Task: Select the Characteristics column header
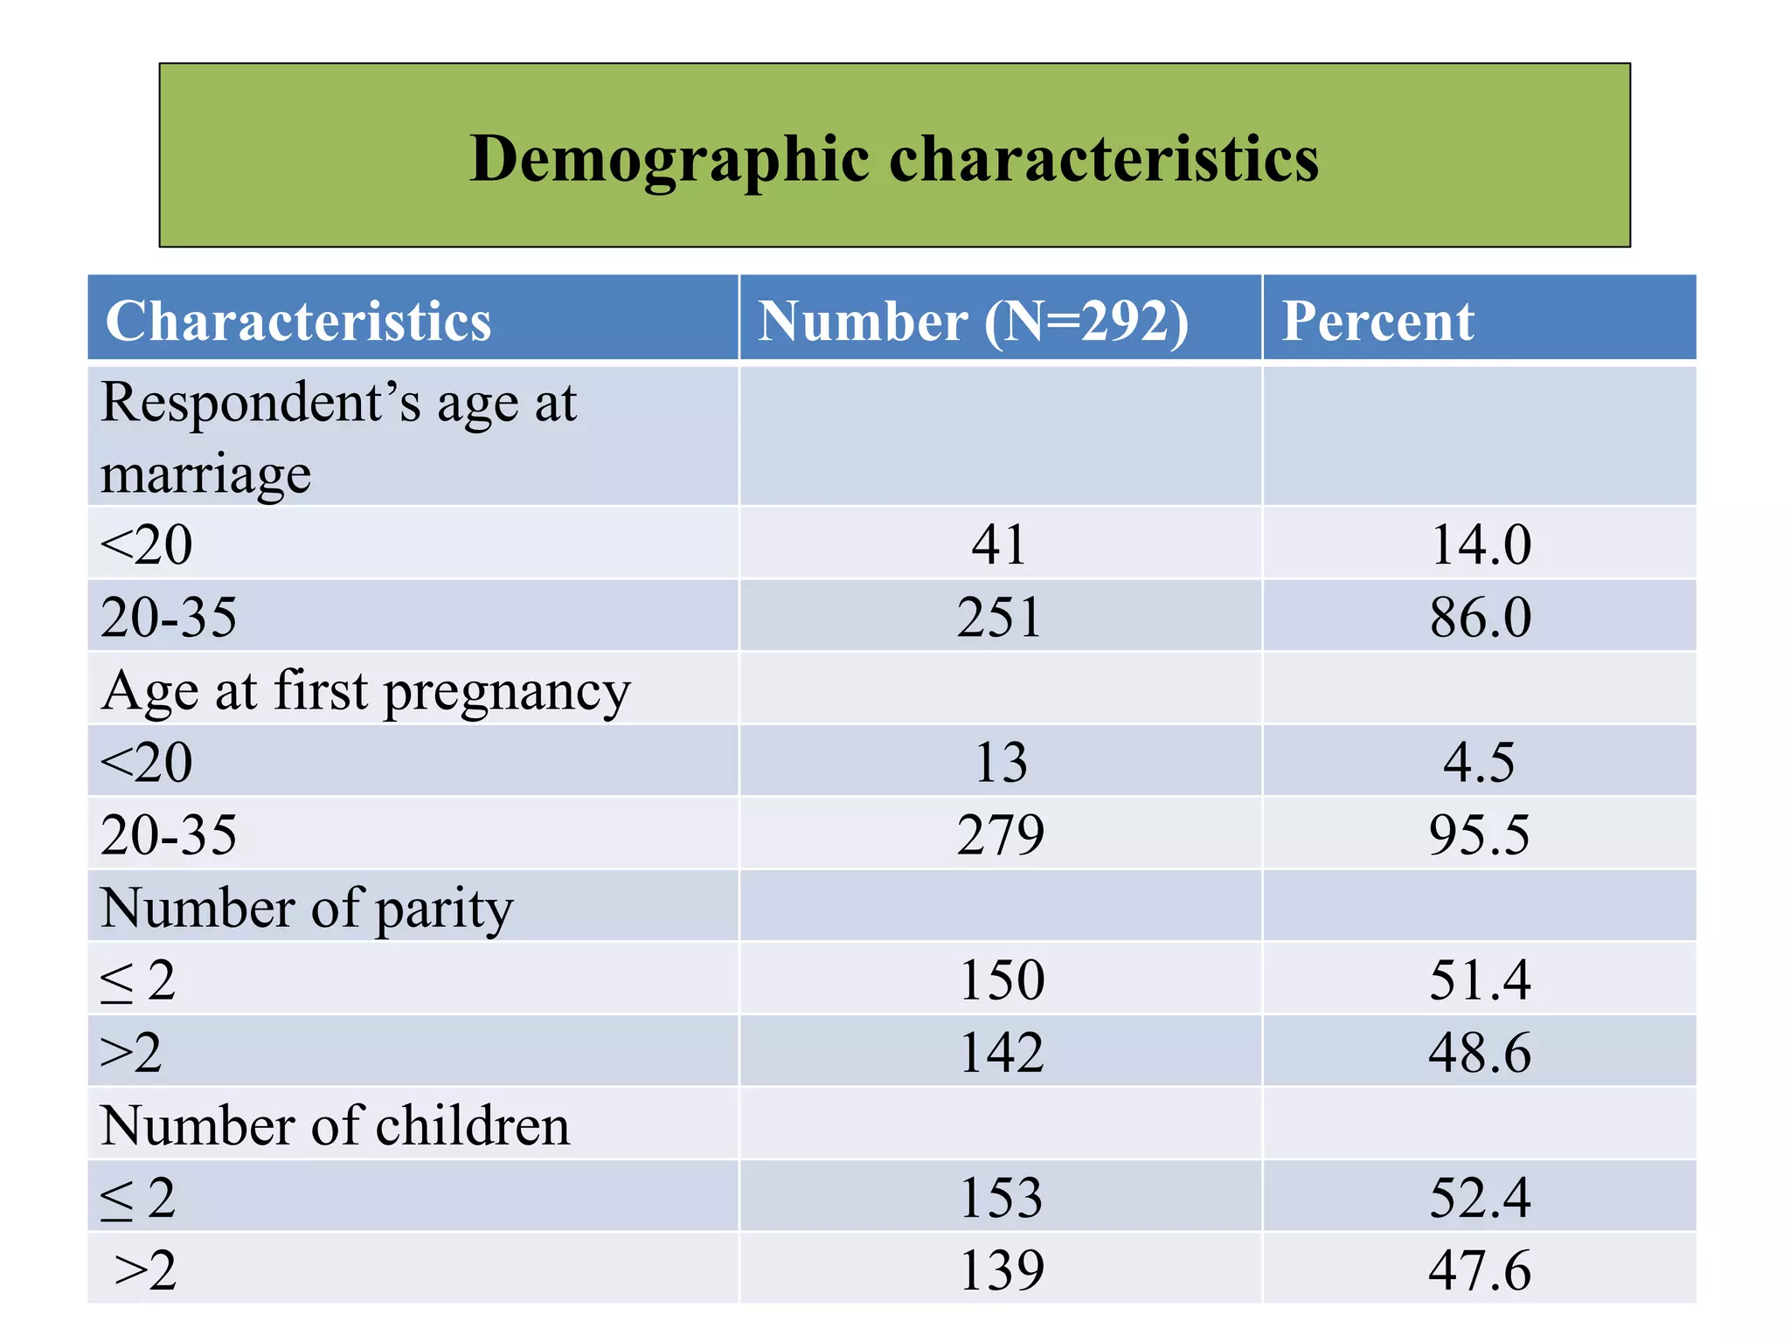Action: [298, 321]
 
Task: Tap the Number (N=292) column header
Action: [973, 321]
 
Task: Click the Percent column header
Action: [1377, 321]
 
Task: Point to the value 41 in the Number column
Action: [1000, 544]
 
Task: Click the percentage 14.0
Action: [1480, 544]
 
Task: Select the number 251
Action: [1000, 617]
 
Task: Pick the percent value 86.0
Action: [1480, 617]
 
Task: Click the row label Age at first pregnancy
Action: [365, 691]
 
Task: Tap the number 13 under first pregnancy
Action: [1001, 762]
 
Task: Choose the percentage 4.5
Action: [1479, 762]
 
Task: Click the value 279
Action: [1000, 834]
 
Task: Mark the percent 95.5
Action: [1479, 834]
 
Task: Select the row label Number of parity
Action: [307, 908]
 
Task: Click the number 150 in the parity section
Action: [1002, 979]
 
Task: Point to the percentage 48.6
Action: [1479, 1052]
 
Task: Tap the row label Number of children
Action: [335, 1125]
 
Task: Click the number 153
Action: [1002, 1197]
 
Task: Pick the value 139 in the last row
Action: [1002, 1269]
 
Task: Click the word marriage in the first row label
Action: [205, 474]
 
